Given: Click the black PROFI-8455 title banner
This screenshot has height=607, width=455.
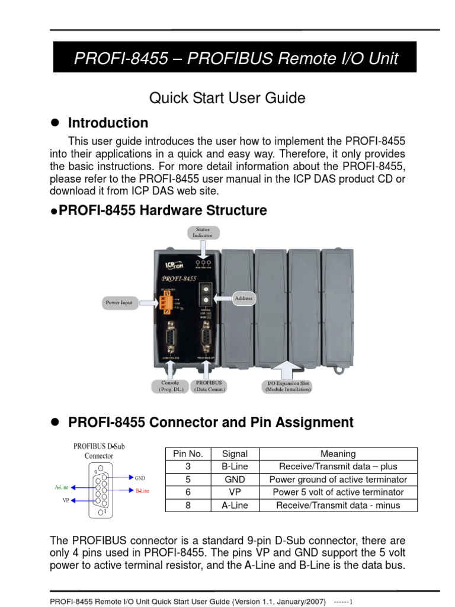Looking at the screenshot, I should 235,58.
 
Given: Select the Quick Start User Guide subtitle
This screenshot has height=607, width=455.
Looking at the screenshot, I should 227,98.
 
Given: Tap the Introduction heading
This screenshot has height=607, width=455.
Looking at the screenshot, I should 108,123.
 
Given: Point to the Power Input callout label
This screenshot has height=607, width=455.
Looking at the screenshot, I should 119,302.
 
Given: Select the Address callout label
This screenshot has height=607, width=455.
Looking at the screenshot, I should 243,298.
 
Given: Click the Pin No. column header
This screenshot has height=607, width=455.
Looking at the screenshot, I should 188,454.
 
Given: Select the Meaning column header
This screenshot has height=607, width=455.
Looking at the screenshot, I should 338,454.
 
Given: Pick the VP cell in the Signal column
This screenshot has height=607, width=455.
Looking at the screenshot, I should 235,493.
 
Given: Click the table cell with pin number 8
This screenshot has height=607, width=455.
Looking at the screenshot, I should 188,506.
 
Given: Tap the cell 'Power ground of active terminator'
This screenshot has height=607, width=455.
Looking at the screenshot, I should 338,480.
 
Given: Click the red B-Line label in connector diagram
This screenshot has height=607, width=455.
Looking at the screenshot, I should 142,491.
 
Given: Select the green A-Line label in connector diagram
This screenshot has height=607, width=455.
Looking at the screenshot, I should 62,487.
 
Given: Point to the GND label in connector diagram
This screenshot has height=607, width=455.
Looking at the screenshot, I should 140,478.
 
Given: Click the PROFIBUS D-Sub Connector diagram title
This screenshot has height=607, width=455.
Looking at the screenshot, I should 99,451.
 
